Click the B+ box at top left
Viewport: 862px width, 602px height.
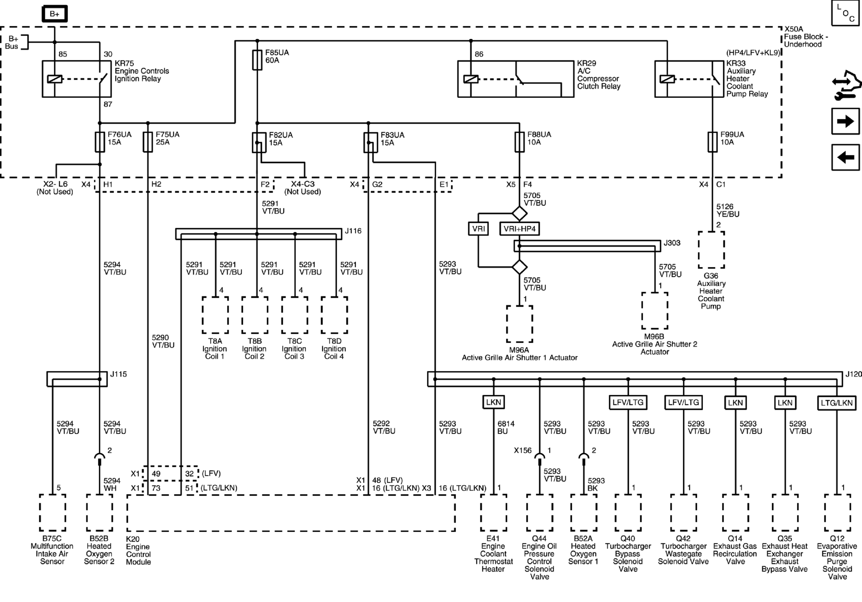pyautogui.click(x=55, y=14)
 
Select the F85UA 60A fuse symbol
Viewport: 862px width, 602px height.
pyautogui.click(x=257, y=60)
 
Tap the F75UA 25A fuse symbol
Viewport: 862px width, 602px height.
pyautogui.click(x=148, y=142)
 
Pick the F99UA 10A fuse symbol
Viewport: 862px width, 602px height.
pyautogui.click(x=712, y=142)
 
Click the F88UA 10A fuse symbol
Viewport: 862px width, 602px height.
pyautogui.click(x=520, y=142)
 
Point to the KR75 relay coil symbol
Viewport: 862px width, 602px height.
pyautogui.click(x=55, y=79)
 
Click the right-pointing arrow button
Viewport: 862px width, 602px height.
pyautogui.click(x=845, y=121)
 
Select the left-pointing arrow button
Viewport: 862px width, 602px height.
pyautogui.click(x=845, y=157)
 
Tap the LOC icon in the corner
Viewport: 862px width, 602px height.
pyautogui.click(x=845, y=13)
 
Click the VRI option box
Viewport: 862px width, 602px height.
pyautogui.click(x=478, y=229)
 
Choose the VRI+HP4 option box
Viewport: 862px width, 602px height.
pyautogui.click(x=520, y=229)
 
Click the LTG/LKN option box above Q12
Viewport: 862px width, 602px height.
pyautogui.click(x=837, y=403)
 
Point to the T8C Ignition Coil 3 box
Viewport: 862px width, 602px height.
pyautogui.click(x=295, y=315)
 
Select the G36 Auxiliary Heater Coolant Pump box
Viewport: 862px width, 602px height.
pyautogui.click(x=711, y=250)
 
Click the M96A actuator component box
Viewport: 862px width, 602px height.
pyautogui.click(x=520, y=324)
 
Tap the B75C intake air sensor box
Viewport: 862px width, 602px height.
pyautogui.click(x=53, y=513)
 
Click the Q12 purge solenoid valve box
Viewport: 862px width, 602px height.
pyautogui.click(x=837, y=513)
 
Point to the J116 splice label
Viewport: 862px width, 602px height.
pyautogui.click(x=353, y=231)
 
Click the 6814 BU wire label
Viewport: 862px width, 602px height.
pyautogui.click(x=506, y=427)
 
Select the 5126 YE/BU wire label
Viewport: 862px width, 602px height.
pyautogui.click(x=728, y=210)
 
